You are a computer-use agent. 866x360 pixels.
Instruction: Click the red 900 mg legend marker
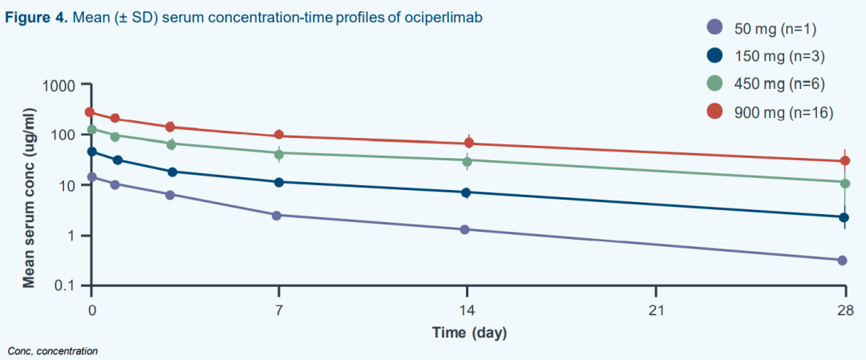(715, 112)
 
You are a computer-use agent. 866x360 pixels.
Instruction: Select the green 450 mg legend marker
(715, 83)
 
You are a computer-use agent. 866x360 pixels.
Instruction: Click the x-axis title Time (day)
(469, 333)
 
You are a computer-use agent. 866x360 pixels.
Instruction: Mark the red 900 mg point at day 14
(468, 143)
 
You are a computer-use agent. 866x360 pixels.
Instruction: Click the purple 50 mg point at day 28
(842, 260)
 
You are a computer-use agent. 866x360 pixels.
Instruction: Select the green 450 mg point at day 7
(280, 153)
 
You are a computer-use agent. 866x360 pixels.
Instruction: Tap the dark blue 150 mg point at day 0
(91, 152)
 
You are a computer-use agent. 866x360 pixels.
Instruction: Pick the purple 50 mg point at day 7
(277, 216)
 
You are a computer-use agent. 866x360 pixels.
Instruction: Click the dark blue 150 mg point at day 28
(844, 217)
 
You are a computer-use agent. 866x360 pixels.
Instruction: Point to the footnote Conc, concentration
(53, 350)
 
